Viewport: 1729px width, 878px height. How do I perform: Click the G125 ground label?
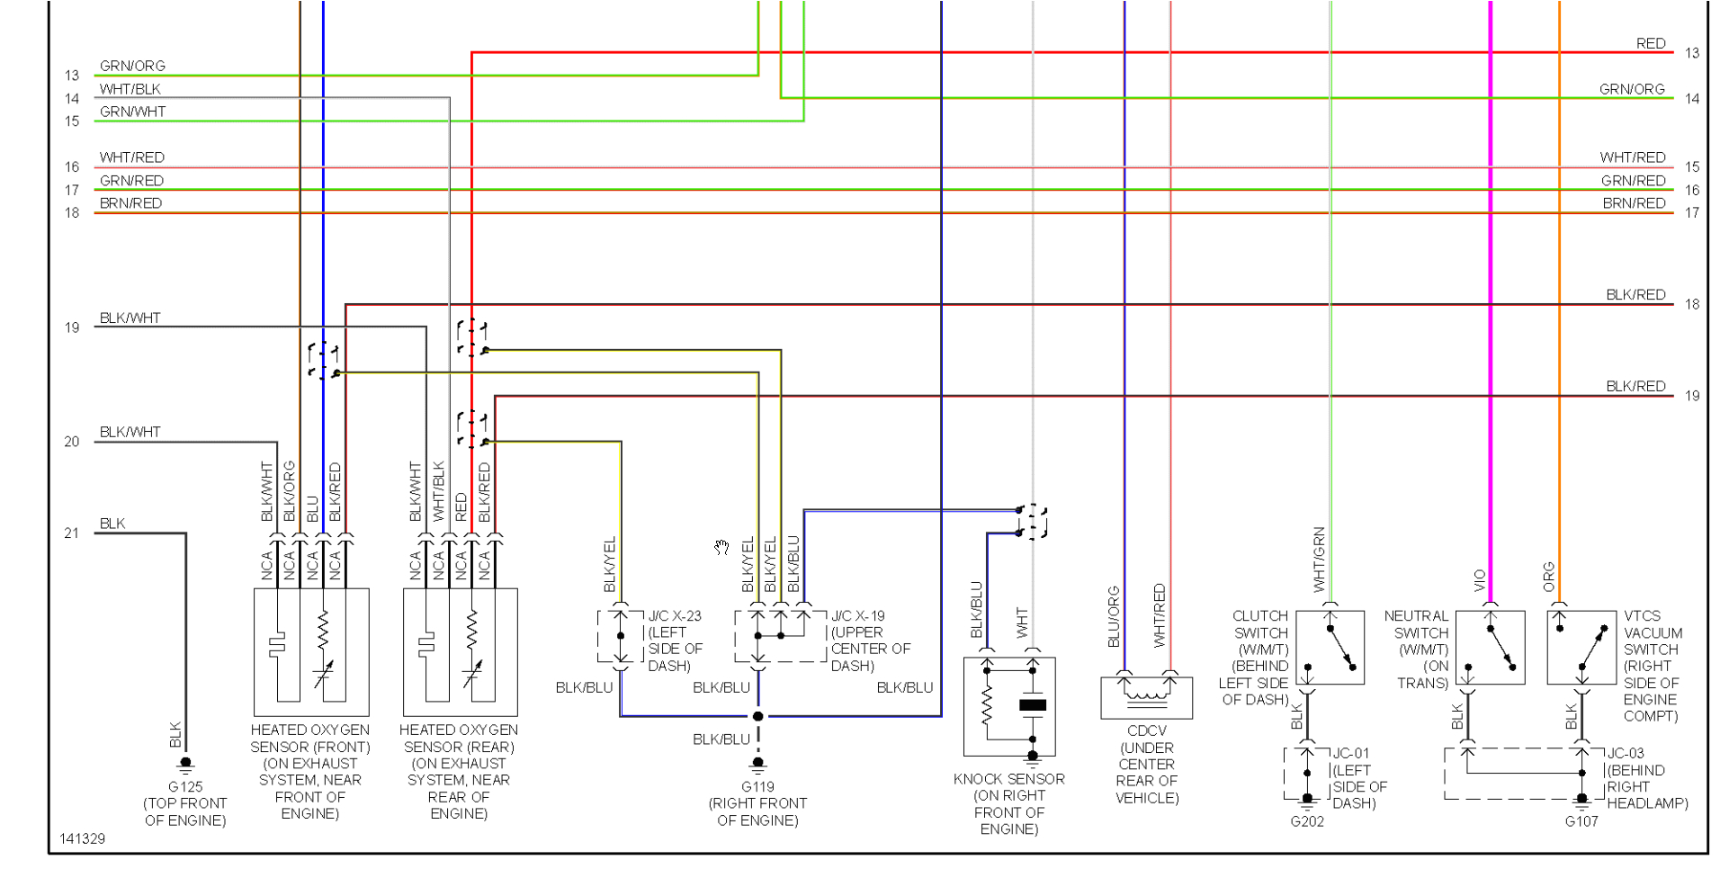point(185,787)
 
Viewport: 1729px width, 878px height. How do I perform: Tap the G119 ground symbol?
point(757,766)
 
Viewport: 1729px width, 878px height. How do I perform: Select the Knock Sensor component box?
point(1009,707)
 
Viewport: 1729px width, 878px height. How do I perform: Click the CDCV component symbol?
point(1146,697)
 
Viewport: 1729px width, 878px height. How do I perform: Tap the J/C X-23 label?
point(675,616)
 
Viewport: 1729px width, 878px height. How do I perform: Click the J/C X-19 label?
point(858,616)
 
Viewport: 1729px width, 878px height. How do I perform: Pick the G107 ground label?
point(1581,821)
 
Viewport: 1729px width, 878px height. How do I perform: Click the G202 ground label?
point(1307,821)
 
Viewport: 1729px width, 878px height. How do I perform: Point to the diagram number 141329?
point(83,838)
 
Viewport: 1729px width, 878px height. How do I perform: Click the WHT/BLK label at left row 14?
point(130,89)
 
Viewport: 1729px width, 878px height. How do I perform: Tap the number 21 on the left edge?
point(72,533)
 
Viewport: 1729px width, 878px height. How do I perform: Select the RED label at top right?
point(1651,43)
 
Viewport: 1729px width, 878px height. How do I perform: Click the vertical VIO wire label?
point(1481,580)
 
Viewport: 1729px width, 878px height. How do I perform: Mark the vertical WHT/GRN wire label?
point(1320,560)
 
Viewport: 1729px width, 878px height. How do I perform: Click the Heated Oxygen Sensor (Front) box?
point(311,651)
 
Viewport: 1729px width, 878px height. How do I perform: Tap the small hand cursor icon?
point(721,548)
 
